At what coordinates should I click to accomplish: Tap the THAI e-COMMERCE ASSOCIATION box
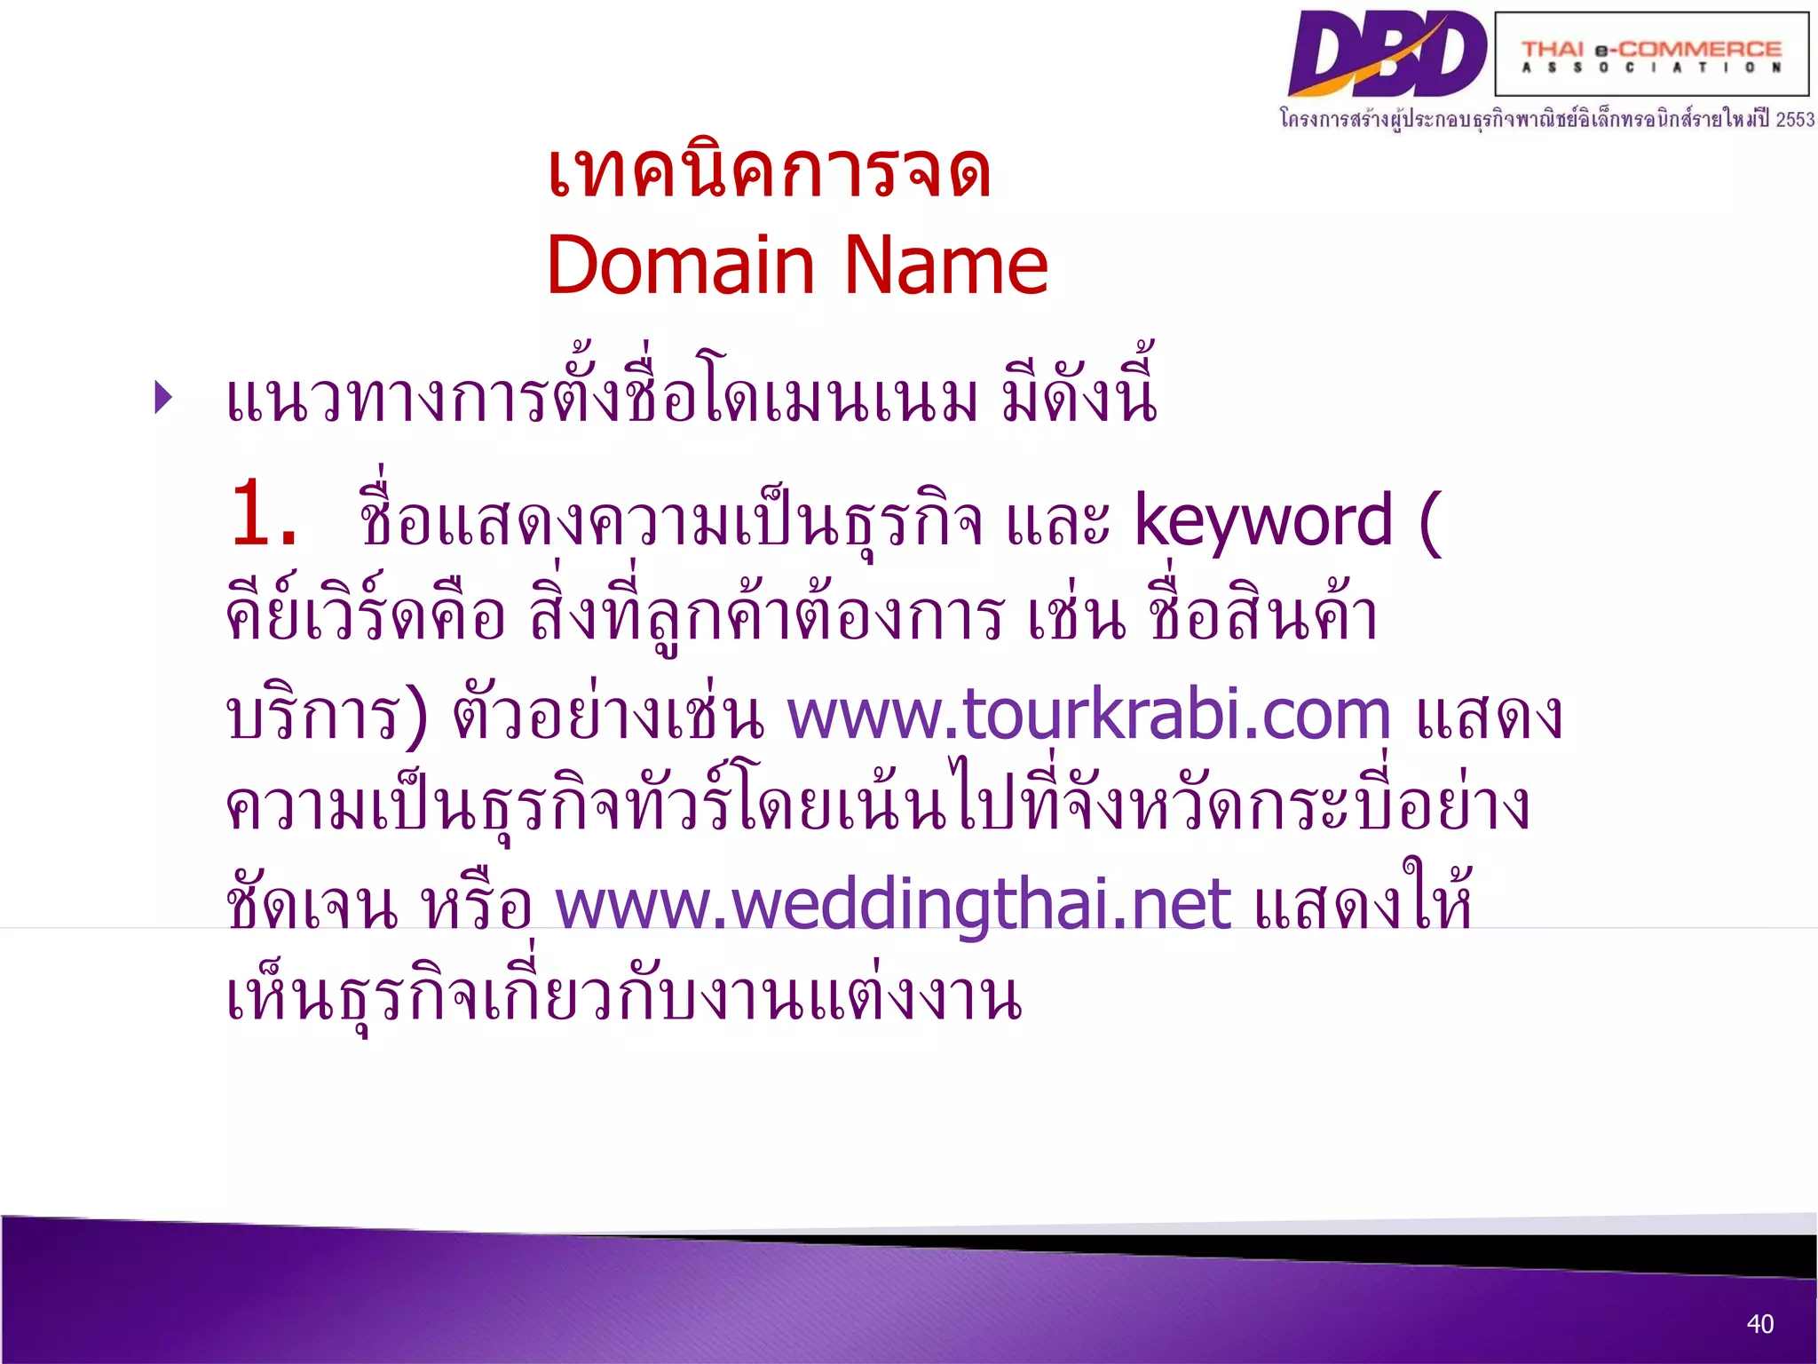coord(1651,55)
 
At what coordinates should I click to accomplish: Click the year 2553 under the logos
coord(1795,119)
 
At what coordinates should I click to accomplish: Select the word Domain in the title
coord(680,266)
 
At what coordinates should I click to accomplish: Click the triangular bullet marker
coord(162,397)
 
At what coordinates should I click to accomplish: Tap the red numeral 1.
coord(261,515)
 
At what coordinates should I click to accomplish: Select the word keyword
coord(1262,521)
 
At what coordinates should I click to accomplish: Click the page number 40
coord(1759,1324)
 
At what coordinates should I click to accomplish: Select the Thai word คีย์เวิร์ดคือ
coord(365,617)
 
